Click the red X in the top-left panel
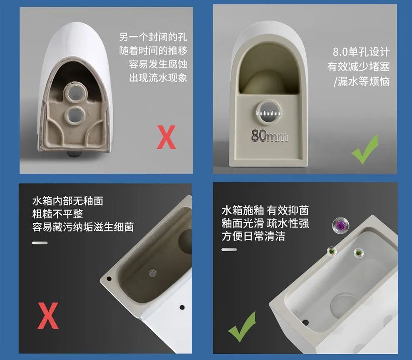pos(166,137)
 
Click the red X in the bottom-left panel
pos(48,315)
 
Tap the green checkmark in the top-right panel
pos(366,149)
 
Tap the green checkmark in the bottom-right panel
pos(242,327)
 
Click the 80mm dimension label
pos(269,135)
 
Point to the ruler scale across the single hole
pos(268,113)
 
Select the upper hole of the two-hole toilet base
pos(75,93)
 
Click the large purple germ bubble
pos(341,225)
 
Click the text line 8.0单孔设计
pos(361,52)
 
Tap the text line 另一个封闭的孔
pos(153,37)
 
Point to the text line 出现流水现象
pos(158,77)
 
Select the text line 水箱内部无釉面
pos(68,201)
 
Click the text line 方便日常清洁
pos(253,236)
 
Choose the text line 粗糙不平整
pos(57,214)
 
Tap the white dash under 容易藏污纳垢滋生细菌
pos(40,243)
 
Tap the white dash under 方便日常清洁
pos(229,250)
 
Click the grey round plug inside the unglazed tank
pos(153,273)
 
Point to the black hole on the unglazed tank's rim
pos(109,278)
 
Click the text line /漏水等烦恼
pos(362,81)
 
